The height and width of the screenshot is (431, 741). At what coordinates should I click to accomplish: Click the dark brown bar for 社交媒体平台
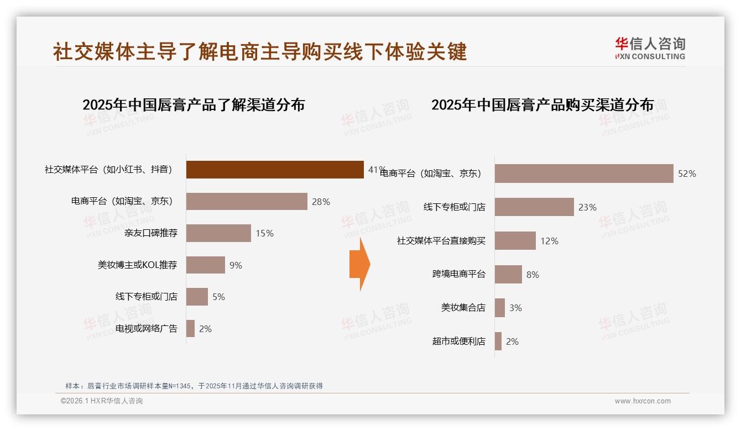[x=274, y=170]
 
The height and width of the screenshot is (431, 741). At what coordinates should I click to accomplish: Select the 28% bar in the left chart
[x=246, y=202]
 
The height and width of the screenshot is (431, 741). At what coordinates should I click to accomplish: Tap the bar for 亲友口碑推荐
[x=218, y=233]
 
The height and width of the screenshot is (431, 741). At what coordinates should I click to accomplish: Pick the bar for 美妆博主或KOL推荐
[x=205, y=265]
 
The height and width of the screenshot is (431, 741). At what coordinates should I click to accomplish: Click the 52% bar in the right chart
[x=583, y=174]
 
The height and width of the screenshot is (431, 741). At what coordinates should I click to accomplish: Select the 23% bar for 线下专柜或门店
[x=534, y=207]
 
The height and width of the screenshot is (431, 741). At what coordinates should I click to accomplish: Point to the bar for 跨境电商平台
[x=508, y=275]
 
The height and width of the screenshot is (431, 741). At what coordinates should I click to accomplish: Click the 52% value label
[x=687, y=174]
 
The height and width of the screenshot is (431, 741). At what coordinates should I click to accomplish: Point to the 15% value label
[x=264, y=233]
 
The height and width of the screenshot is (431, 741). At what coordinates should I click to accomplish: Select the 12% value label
[x=549, y=241]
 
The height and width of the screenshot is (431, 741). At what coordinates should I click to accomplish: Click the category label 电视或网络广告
[x=146, y=329]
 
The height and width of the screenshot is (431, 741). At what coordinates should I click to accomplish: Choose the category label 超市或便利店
[x=458, y=341]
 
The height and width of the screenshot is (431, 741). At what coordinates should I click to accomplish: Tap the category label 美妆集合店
[x=463, y=308]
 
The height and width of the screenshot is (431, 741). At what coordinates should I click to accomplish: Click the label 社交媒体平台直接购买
[x=441, y=241]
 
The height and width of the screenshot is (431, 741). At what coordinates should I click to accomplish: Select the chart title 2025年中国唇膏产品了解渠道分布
[x=194, y=105]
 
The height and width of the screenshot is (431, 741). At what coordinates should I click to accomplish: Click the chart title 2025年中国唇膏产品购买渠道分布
[x=542, y=105]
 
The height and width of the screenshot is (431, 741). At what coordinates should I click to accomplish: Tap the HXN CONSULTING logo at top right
[x=650, y=49]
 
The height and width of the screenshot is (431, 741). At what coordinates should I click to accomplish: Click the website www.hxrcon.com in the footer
[x=643, y=401]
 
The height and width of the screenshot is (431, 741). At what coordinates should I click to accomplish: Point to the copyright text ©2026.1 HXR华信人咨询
[x=102, y=401]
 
